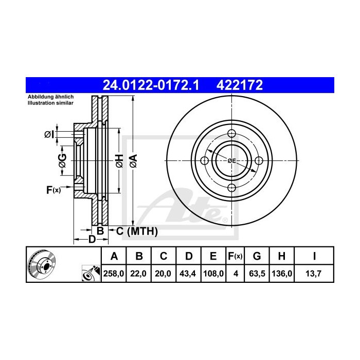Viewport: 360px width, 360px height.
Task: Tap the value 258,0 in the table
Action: [x=114, y=274]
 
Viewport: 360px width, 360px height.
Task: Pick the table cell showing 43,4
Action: [x=188, y=274]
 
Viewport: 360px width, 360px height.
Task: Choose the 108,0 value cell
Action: [x=213, y=274]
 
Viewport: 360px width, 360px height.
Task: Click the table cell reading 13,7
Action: [x=314, y=274]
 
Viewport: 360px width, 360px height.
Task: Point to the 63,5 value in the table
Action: [x=257, y=274]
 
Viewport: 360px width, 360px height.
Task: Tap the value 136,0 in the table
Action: [x=281, y=274]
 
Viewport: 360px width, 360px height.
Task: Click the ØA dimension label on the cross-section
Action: [x=132, y=161]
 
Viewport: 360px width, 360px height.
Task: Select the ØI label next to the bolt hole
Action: [x=48, y=134]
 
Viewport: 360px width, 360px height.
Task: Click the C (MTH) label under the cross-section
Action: [x=136, y=231]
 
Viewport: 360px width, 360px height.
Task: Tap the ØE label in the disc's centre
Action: [x=232, y=161]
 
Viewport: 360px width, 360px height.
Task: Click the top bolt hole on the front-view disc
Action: [x=231, y=134]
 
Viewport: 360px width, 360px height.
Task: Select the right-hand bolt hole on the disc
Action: [x=259, y=160]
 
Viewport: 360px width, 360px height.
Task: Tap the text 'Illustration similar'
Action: [x=49, y=103]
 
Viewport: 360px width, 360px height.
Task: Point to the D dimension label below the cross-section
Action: [x=92, y=239]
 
